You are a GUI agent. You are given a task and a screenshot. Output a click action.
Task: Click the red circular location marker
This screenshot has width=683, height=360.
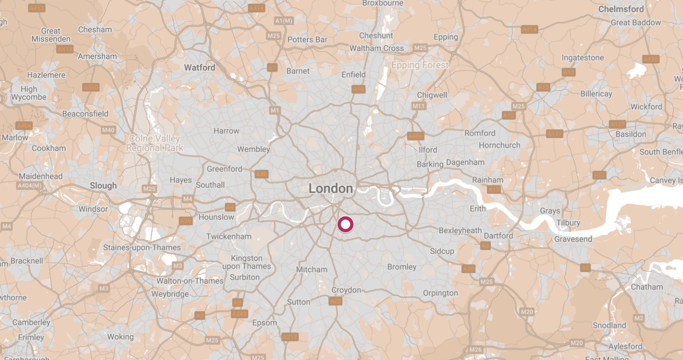(345, 224)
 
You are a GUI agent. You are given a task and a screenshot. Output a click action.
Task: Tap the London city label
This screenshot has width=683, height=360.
(330, 189)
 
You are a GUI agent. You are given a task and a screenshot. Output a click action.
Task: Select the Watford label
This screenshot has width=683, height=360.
(199, 68)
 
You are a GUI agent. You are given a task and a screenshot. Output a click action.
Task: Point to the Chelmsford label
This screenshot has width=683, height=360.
(621, 9)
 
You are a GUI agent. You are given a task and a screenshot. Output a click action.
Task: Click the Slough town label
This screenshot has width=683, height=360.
(103, 186)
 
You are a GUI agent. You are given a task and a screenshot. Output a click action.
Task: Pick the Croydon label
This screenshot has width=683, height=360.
(346, 290)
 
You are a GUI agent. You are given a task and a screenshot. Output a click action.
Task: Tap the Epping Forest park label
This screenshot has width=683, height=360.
(420, 65)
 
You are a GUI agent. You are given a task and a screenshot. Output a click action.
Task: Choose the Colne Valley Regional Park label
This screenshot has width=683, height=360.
(155, 143)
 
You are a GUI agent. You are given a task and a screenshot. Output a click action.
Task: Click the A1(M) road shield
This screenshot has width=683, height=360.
(284, 21)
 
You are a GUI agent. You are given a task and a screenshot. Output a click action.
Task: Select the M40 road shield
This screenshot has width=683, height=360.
(108, 130)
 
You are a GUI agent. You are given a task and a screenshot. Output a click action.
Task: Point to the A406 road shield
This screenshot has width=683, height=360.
(415, 136)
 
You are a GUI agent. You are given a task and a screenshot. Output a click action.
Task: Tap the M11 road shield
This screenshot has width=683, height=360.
(418, 106)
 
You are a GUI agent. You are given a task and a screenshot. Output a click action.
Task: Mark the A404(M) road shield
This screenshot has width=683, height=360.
(30, 186)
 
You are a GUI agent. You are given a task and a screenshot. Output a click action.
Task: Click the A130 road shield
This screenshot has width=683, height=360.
(650, 59)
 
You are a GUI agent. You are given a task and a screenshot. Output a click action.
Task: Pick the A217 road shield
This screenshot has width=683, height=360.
(290, 337)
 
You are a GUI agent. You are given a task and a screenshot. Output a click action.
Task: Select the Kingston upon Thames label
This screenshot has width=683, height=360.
(247, 262)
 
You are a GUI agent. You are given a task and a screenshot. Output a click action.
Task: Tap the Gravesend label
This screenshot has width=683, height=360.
(573, 239)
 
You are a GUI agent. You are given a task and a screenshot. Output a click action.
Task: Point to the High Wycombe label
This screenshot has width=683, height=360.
(29, 93)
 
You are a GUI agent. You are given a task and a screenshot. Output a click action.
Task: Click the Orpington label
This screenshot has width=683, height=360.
(440, 293)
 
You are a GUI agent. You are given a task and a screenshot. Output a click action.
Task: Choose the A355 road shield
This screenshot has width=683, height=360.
(91, 87)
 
